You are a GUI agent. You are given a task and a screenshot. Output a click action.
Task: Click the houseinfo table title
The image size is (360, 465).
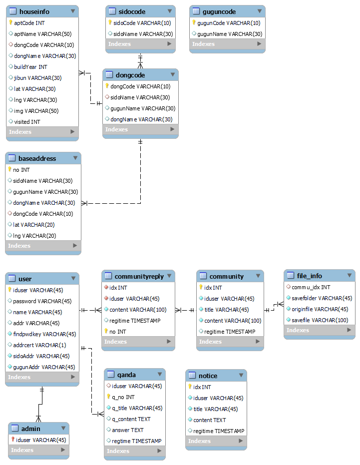coord(34,11)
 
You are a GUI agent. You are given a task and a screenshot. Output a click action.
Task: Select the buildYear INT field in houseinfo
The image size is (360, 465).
coord(30,67)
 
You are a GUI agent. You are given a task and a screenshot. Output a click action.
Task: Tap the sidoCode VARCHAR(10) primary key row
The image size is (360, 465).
coord(135,23)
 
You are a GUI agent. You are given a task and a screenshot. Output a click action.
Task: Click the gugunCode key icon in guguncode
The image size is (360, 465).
coord(194,23)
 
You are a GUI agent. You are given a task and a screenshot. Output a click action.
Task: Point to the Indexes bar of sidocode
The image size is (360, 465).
coord(140,44)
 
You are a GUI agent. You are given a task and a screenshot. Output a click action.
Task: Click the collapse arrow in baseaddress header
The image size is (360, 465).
coord(75,158)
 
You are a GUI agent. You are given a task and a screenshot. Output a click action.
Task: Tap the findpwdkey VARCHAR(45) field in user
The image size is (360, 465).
coord(44,334)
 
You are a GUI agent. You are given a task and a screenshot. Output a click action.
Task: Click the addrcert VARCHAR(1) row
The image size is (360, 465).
coord(39,345)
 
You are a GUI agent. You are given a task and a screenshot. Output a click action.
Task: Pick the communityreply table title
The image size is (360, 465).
coord(139,276)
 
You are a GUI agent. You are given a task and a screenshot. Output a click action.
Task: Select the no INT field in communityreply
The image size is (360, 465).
coord(119,331)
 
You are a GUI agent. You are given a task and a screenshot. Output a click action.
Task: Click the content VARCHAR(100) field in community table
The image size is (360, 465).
coord(233,321)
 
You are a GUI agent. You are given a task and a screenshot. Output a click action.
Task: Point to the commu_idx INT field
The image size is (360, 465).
coord(311,287)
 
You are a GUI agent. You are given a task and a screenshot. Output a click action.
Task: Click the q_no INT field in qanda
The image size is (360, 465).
coord(123,397)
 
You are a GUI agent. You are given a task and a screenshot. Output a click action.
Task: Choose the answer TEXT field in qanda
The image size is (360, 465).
coord(127,430)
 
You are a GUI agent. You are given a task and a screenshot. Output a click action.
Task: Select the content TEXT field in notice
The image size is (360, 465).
coord(209,420)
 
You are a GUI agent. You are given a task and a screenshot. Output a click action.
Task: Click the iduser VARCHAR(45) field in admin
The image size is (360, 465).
coord(40,440)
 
